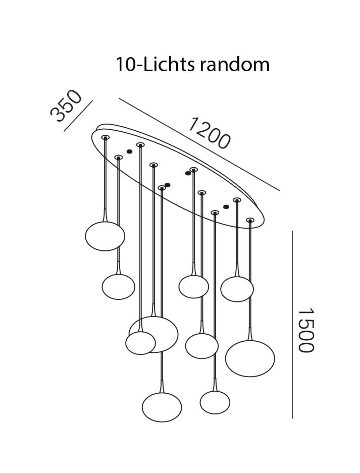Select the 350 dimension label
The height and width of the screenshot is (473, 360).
(65, 107)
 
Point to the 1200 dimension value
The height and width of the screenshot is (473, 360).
(209, 133)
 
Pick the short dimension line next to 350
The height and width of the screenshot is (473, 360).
(78, 116)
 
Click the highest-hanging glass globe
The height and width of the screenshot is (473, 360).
(105, 236)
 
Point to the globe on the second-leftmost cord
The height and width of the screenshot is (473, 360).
(118, 287)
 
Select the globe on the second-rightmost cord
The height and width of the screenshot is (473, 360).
(237, 289)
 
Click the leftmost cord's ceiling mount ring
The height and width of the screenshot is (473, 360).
(105, 137)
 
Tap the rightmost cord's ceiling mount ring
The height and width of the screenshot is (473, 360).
(250, 220)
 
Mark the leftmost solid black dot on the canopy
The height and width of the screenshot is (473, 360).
(129, 151)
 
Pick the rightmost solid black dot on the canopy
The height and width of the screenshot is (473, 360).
(226, 206)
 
